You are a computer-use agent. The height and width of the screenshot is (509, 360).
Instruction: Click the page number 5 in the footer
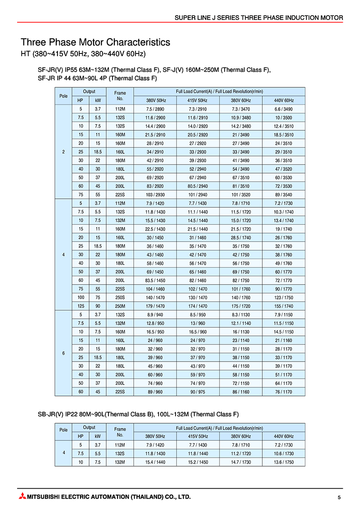click(339, 497)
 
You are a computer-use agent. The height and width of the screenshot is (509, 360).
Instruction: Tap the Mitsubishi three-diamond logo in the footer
click(22, 497)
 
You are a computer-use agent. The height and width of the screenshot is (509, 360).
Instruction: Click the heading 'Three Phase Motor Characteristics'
click(95, 42)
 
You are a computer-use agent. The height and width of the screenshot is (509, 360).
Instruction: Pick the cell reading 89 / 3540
click(283, 195)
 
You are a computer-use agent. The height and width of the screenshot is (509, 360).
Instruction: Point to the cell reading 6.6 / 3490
click(283, 109)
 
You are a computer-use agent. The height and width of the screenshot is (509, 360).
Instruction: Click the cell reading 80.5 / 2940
click(198, 186)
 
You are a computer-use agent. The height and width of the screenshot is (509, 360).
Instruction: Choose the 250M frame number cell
click(120, 306)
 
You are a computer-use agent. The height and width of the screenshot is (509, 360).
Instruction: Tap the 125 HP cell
click(81, 306)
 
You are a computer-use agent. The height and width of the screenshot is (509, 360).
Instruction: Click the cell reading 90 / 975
click(198, 392)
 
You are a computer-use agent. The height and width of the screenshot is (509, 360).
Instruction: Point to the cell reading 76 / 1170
click(283, 392)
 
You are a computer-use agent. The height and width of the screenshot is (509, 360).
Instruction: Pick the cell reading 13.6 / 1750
click(283, 462)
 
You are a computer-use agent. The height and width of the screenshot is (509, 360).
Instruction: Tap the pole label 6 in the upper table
click(63, 353)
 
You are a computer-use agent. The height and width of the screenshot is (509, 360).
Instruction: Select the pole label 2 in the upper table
click(63, 152)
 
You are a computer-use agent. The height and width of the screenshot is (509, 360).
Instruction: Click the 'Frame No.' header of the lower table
click(120, 432)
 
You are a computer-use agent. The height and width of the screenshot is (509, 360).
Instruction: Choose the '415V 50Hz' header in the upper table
click(198, 100)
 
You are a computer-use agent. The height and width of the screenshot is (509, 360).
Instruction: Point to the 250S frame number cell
click(120, 297)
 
